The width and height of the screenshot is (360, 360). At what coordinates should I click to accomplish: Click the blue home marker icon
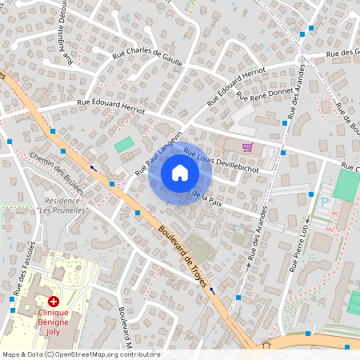[x=180, y=172]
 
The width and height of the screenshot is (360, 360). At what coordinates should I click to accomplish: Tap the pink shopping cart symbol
[x=247, y=147]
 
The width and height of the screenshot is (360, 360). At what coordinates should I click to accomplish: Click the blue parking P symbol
[x=326, y=202]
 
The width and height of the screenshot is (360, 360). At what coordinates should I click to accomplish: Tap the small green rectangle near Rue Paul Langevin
[x=124, y=146]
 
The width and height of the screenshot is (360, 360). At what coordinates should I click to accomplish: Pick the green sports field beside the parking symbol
[x=346, y=185]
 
